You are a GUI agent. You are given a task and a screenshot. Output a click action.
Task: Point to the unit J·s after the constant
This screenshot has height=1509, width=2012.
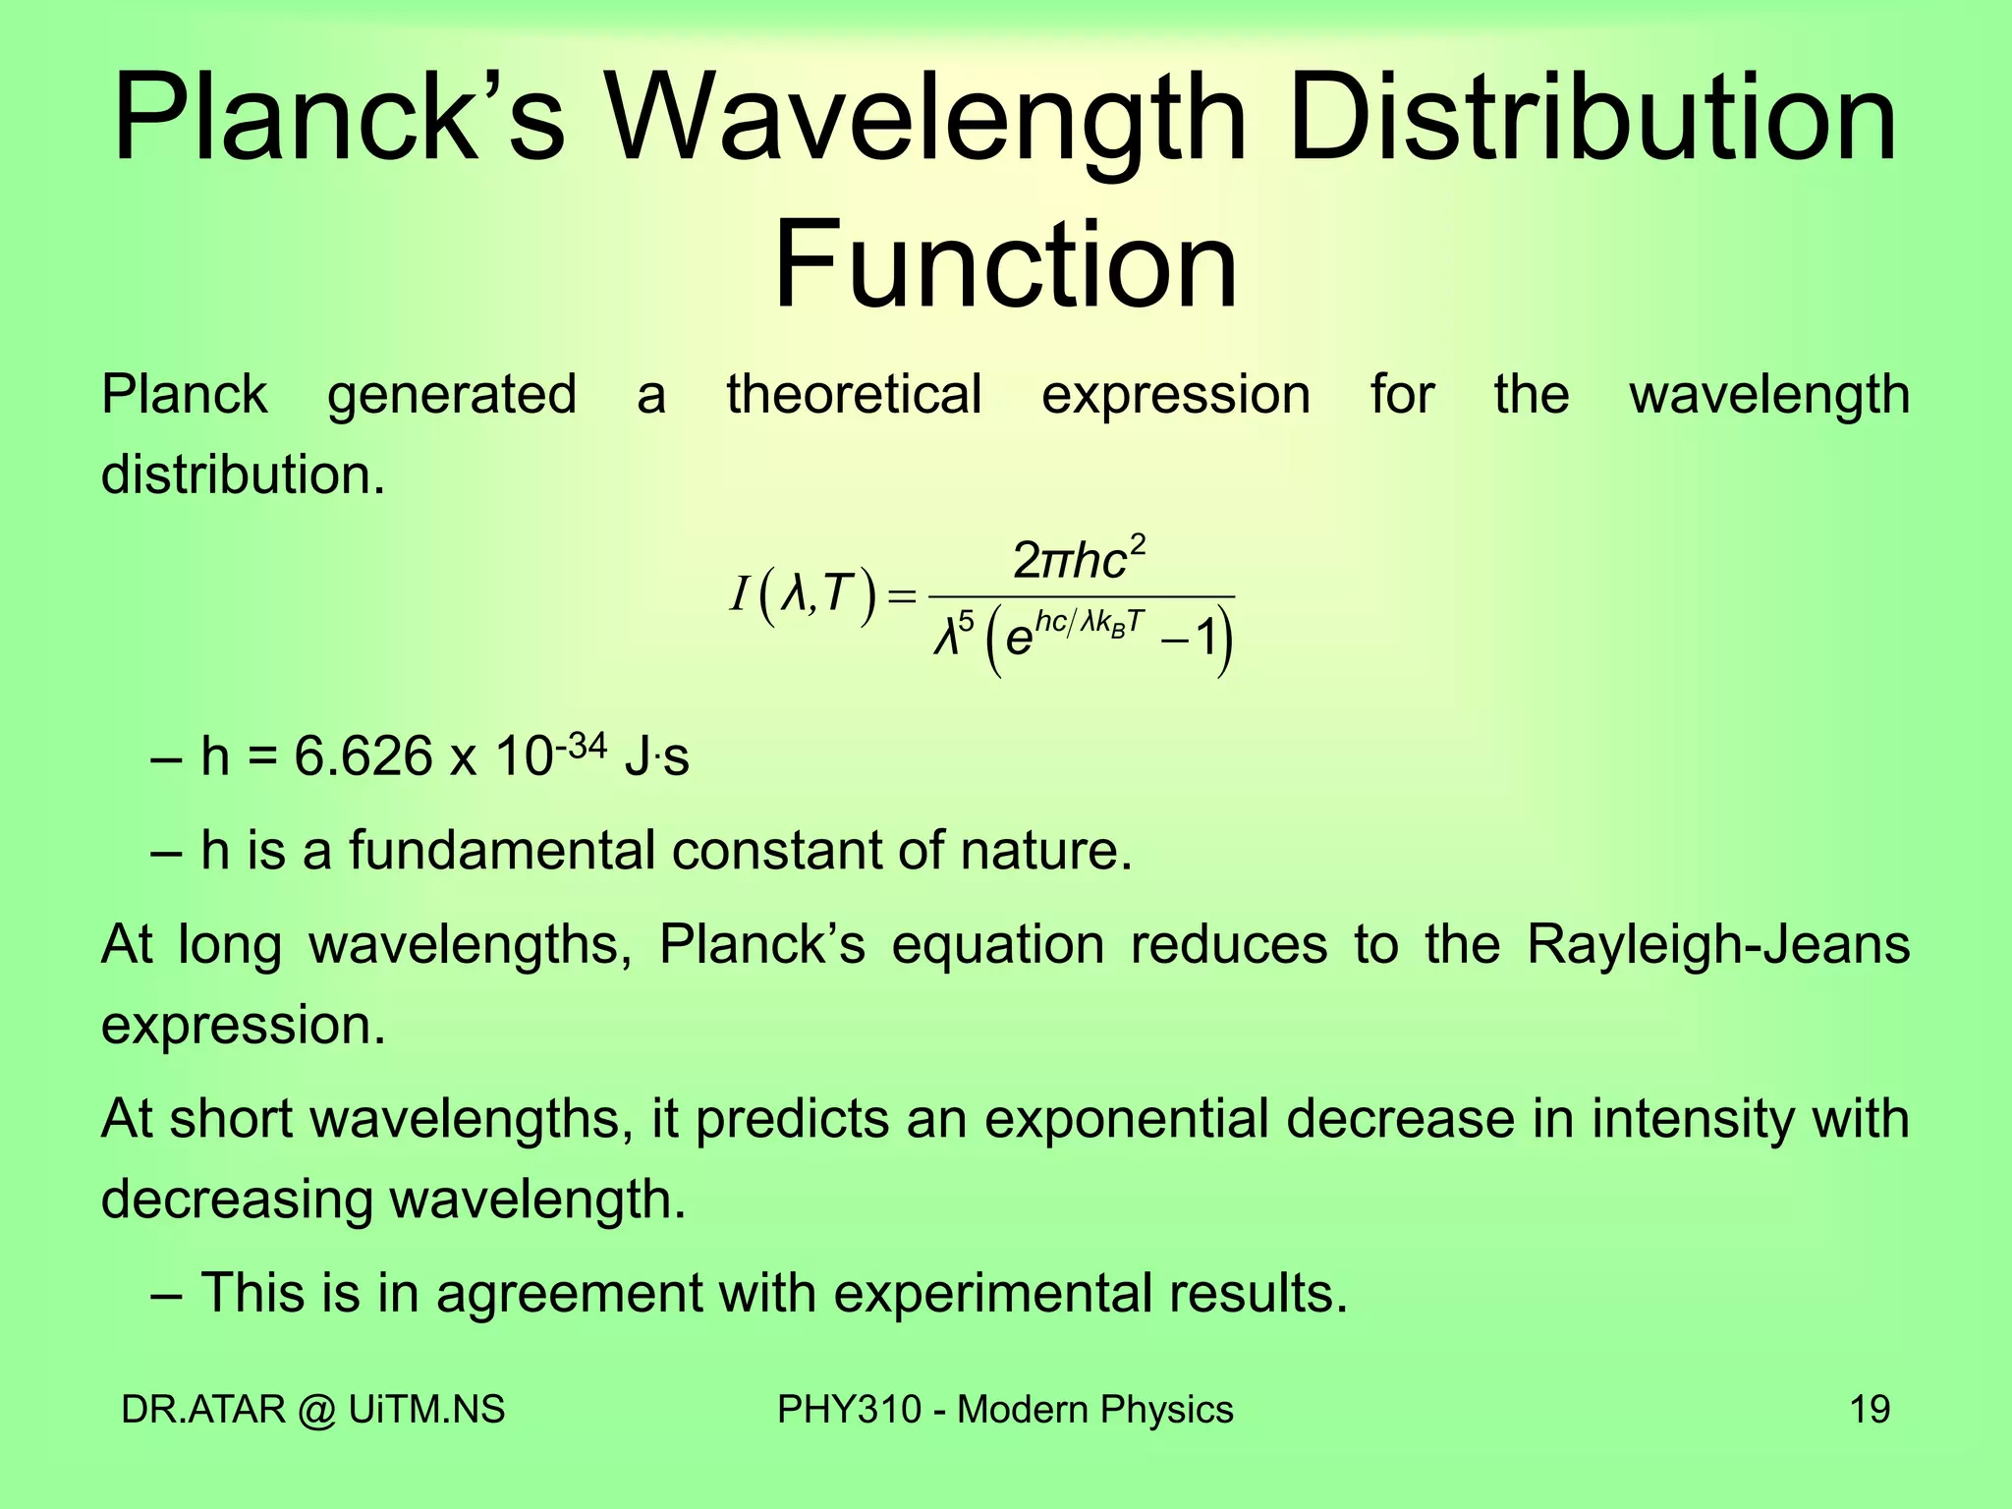pyautogui.click(x=656, y=757)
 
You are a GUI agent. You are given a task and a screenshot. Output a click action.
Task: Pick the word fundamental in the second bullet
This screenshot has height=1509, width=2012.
pyautogui.click(x=501, y=850)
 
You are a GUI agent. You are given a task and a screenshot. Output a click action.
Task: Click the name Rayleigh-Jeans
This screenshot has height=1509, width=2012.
pyautogui.click(x=1717, y=945)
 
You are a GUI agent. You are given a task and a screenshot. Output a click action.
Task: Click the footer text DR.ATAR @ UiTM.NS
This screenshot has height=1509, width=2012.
pyautogui.click(x=312, y=1410)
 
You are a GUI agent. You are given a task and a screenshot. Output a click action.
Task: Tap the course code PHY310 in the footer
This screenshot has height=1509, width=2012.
pyautogui.click(x=849, y=1410)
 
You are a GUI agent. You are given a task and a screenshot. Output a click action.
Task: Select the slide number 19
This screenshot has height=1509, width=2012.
pyautogui.click(x=1870, y=1410)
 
